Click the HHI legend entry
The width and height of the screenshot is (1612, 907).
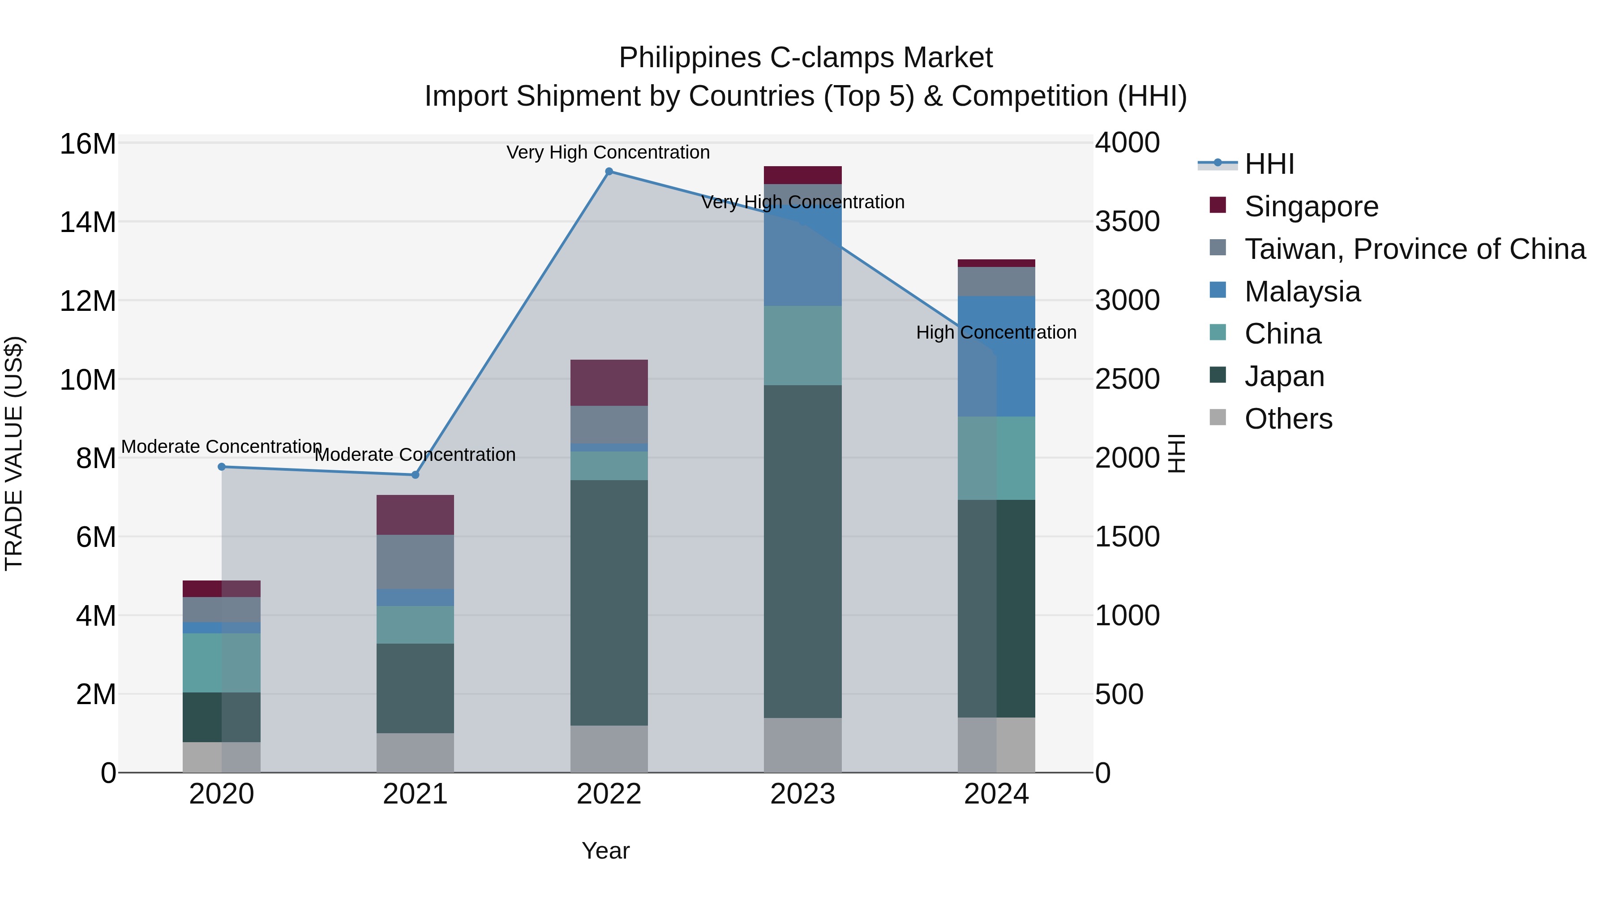(x=1269, y=164)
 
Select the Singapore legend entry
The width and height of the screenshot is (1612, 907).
(x=1311, y=206)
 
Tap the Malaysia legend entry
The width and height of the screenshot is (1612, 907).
(x=1302, y=292)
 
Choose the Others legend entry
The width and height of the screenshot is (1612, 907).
(x=1288, y=419)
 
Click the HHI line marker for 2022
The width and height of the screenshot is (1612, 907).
(x=609, y=172)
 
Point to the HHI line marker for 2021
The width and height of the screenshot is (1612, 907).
(x=415, y=475)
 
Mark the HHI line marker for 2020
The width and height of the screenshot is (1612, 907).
(x=222, y=467)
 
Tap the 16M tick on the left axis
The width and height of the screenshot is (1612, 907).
(x=88, y=144)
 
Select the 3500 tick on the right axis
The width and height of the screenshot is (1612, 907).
(x=1127, y=222)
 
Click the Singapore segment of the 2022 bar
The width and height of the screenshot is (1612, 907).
(x=609, y=383)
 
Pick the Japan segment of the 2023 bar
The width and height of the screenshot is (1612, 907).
(x=802, y=551)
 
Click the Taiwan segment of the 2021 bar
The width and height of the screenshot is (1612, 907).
(x=415, y=562)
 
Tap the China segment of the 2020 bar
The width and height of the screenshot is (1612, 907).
(x=222, y=662)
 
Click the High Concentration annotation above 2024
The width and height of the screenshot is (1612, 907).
(x=996, y=332)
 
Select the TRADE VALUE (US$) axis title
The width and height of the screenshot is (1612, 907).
(x=14, y=453)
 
